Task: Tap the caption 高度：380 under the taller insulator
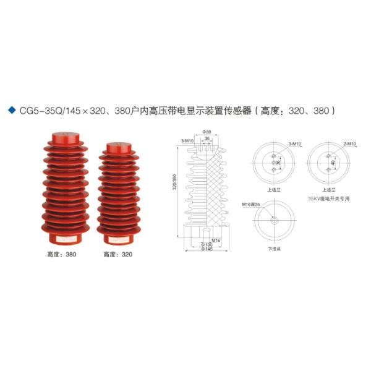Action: [x=60, y=254]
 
